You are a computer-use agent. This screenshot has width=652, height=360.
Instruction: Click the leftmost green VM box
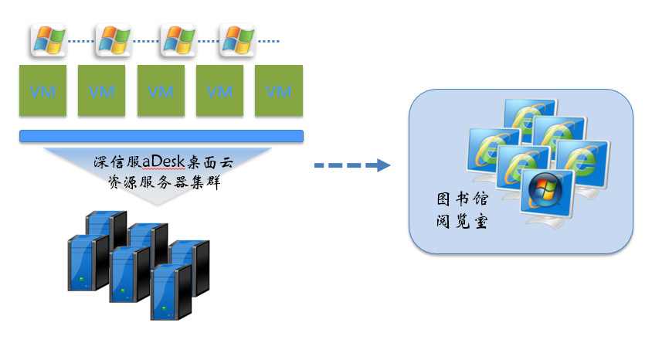(43, 91)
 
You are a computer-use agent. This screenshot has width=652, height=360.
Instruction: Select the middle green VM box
(161, 91)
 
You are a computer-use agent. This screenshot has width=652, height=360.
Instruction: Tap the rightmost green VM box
(279, 91)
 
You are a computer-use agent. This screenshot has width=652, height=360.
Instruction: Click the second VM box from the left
(102, 91)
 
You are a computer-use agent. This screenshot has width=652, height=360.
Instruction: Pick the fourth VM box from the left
(219, 91)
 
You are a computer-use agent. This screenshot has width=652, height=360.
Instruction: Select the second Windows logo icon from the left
(113, 40)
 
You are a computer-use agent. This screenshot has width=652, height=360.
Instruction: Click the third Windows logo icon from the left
(177, 40)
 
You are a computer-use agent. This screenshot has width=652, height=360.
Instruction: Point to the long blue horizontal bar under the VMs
(161, 137)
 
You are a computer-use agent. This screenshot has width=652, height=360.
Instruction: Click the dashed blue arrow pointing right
(351, 165)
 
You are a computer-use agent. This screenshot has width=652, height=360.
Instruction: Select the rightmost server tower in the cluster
(190, 267)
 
